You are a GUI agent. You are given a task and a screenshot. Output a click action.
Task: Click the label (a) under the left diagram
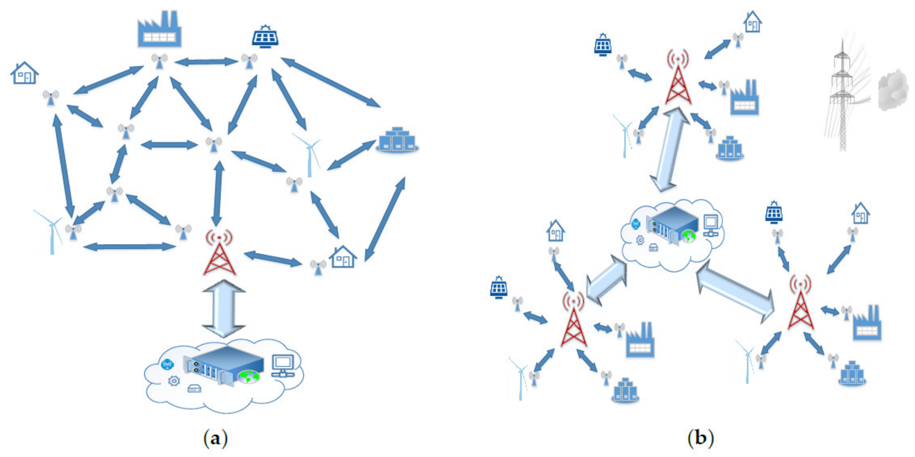(x=215, y=438)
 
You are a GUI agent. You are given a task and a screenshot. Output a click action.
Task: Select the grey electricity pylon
(x=842, y=96)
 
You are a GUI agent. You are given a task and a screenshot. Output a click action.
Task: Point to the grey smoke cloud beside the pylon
(x=893, y=89)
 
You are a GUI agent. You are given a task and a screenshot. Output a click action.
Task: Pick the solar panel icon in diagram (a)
(x=265, y=37)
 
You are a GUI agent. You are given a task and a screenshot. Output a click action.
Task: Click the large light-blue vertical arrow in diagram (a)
(x=224, y=308)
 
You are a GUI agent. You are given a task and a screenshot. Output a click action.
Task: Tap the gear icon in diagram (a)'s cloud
(x=174, y=381)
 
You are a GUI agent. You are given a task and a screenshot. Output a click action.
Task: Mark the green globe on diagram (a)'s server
(x=249, y=376)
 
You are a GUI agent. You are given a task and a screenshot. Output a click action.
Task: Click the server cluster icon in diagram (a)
(x=397, y=140)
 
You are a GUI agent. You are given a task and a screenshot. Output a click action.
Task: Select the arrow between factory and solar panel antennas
(x=206, y=62)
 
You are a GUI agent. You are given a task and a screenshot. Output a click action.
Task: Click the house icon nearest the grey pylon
(x=752, y=22)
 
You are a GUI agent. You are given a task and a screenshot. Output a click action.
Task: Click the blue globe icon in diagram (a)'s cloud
(x=167, y=365)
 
